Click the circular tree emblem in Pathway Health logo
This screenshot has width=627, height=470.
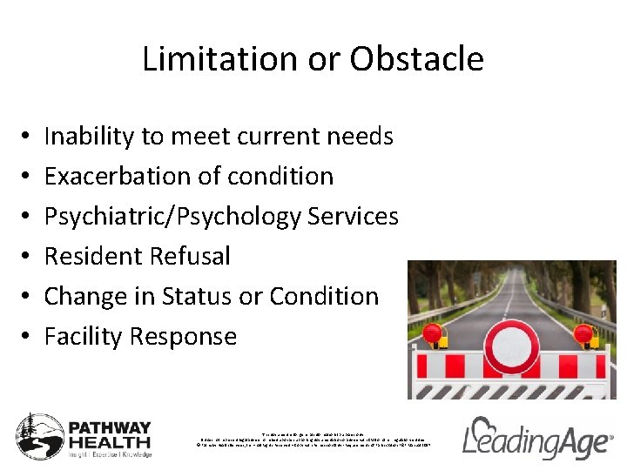click(x=40, y=435)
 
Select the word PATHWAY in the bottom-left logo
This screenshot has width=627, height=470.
click(x=110, y=429)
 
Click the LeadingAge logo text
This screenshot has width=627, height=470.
click(x=536, y=440)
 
